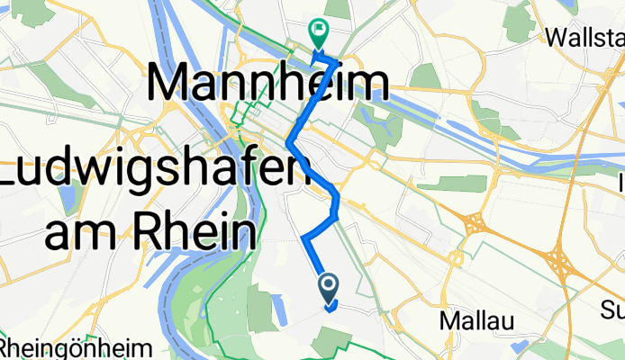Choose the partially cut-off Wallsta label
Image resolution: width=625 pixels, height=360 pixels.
coord(585,38)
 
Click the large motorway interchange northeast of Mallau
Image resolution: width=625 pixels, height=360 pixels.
coord(558,262)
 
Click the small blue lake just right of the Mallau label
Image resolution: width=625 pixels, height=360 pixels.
coord(521,346)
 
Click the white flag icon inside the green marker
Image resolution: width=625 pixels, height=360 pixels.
coord(319,30)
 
